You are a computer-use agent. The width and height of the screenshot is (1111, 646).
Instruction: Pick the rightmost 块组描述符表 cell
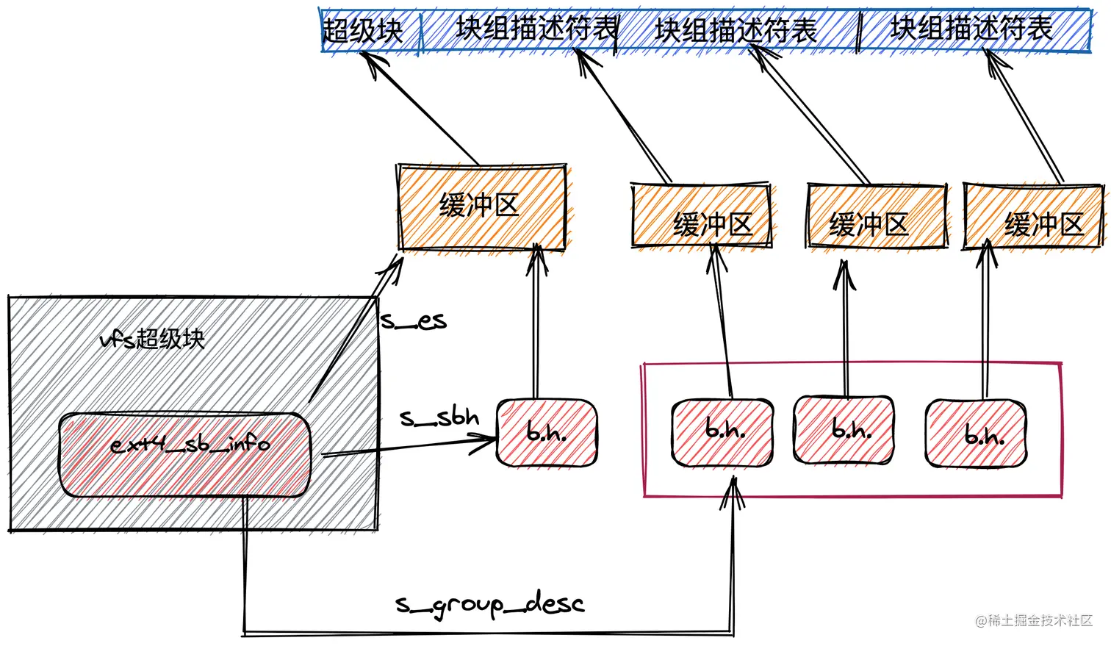(x=971, y=29)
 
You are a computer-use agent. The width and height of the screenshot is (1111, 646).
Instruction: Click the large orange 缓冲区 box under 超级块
(x=481, y=207)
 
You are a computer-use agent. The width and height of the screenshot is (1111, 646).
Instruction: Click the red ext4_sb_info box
(x=184, y=453)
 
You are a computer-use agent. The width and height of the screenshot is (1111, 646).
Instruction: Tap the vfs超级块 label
(x=152, y=339)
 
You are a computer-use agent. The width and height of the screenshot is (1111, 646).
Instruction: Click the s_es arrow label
(x=414, y=321)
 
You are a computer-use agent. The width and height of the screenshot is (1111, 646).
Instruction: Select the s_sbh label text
(x=439, y=418)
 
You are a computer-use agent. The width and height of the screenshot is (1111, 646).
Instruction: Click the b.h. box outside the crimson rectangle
(x=547, y=433)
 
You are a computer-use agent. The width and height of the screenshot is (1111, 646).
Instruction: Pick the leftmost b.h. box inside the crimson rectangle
(x=723, y=432)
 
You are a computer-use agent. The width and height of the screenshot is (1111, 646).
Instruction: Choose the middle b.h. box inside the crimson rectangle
(x=844, y=430)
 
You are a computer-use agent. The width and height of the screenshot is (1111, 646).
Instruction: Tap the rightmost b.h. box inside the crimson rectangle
(x=976, y=434)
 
